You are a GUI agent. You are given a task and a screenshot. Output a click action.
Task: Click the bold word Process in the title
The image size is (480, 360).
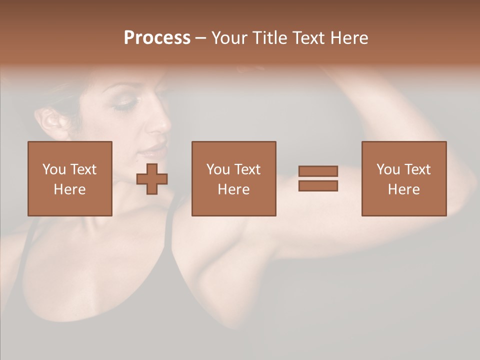[x=157, y=38]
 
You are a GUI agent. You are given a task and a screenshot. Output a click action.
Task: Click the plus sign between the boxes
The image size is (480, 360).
[x=152, y=179]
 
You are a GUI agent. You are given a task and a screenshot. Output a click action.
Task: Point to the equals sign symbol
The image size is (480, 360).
[x=318, y=178]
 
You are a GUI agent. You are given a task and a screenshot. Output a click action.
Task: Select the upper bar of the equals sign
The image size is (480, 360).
[x=318, y=171]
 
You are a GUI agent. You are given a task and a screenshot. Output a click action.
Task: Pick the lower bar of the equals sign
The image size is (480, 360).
[x=318, y=185]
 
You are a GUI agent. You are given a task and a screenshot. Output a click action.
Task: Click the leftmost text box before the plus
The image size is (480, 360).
[x=70, y=178]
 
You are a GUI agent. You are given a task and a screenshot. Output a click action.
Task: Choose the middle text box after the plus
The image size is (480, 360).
[x=233, y=178]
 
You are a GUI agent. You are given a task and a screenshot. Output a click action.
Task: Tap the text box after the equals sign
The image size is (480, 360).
[x=403, y=178]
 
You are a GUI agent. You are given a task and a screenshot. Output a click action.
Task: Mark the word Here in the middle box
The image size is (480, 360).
[x=233, y=189]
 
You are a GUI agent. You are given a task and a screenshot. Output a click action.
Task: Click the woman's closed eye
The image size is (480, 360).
[x=124, y=103]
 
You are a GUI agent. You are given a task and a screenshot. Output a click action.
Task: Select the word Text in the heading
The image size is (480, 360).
[x=306, y=38]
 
